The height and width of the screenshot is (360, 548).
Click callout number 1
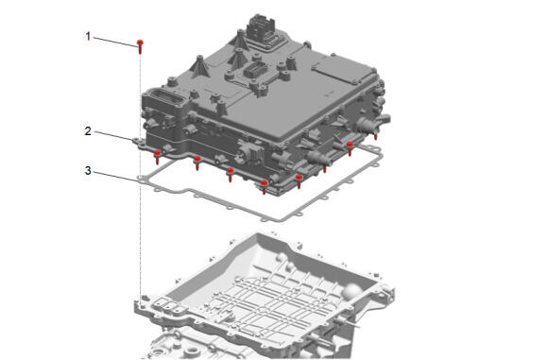88,36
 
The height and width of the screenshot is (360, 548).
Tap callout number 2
88,131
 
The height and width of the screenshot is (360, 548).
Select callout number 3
88,171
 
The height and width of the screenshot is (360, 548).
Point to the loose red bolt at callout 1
140,46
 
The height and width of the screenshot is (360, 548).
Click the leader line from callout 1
114,41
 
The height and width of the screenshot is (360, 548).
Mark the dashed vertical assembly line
141,179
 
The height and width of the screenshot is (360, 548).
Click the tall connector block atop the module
261,29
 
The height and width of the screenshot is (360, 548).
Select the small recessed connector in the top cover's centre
252,71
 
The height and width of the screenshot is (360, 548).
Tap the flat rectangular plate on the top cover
341,73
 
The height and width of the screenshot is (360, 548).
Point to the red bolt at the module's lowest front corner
265,186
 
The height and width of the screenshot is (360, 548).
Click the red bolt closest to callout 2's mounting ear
157,156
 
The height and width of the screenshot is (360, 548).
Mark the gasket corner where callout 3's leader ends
141,179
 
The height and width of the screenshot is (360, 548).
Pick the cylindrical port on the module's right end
373,122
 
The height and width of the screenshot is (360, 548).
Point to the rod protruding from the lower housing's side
347,322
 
